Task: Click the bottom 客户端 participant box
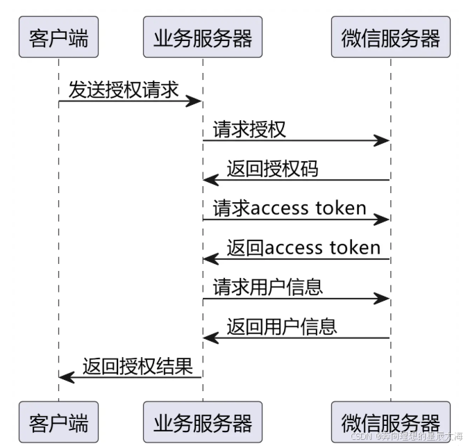(58, 422)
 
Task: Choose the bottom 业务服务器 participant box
(203, 422)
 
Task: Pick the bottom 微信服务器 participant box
(390, 422)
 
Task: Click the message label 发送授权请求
(124, 90)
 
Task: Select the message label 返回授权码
(272, 169)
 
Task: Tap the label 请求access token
(290, 208)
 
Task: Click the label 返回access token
(303, 247)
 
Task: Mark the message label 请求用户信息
(267, 287)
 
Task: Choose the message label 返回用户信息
(281, 327)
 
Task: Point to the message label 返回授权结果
(137, 365)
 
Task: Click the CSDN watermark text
(406, 437)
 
